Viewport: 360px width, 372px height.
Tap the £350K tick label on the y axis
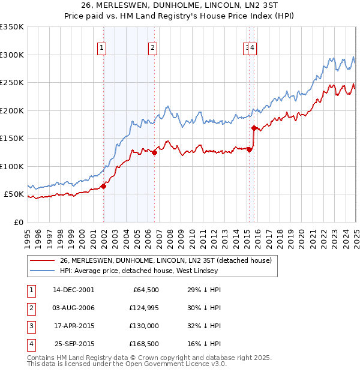pyautogui.click(x=12, y=27)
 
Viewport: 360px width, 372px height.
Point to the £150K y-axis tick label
pyautogui.click(x=12, y=139)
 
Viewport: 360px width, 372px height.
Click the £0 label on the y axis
pyautogui.click(x=19, y=222)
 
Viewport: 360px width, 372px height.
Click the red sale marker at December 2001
pyautogui.click(x=103, y=186)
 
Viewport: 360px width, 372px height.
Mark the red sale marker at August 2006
pyautogui.click(x=154, y=152)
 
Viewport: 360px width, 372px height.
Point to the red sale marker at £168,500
pyautogui.click(x=254, y=128)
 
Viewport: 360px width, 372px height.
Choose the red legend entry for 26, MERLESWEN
pyautogui.click(x=166, y=260)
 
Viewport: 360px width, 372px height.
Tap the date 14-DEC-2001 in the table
pyautogui.click(x=74, y=290)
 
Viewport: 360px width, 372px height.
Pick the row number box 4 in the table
pyautogui.click(x=31, y=344)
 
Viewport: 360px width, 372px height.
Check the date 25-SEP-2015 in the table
pyautogui.click(x=74, y=344)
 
